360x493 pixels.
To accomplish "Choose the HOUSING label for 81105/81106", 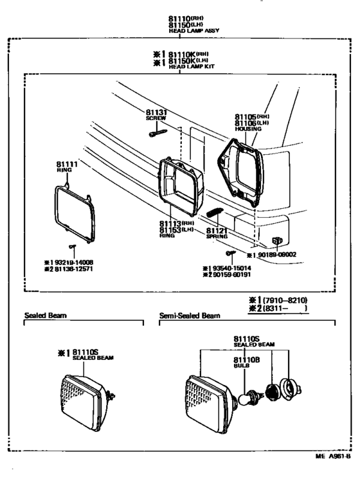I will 249,129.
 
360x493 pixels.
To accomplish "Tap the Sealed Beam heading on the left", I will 46,316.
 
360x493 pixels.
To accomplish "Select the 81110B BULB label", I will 245,362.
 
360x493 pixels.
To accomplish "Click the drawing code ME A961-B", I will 332,456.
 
